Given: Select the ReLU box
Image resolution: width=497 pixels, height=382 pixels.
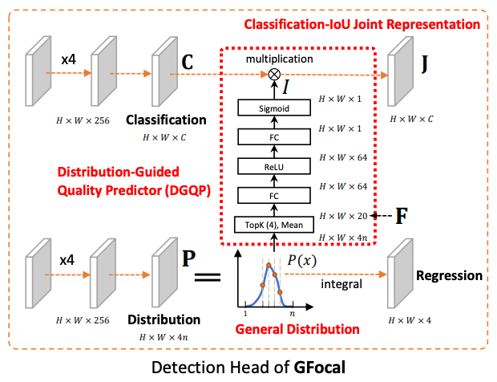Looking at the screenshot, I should [x=275, y=166].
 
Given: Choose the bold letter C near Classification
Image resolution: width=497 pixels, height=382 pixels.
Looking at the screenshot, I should [x=188, y=63].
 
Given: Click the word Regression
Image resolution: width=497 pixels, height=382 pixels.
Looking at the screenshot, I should [x=449, y=276].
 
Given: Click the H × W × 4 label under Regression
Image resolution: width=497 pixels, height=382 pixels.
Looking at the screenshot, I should [x=409, y=321].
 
